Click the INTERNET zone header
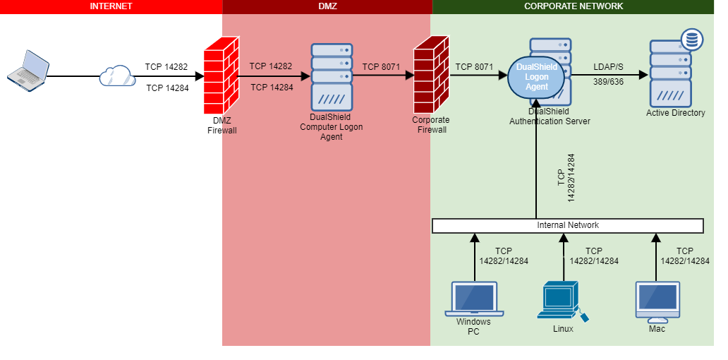(x=111, y=6)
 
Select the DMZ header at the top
(x=327, y=6)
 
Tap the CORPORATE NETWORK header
(x=573, y=6)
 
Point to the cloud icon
(x=117, y=76)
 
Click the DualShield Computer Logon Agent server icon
(x=331, y=76)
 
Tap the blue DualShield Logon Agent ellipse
(x=537, y=77)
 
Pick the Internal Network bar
(x=568, y=226)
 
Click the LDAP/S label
(x=607, y=66)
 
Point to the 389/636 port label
(x=607, y=83)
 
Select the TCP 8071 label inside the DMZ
(x=381, y=67)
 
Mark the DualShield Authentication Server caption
(x=550, y=116)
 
